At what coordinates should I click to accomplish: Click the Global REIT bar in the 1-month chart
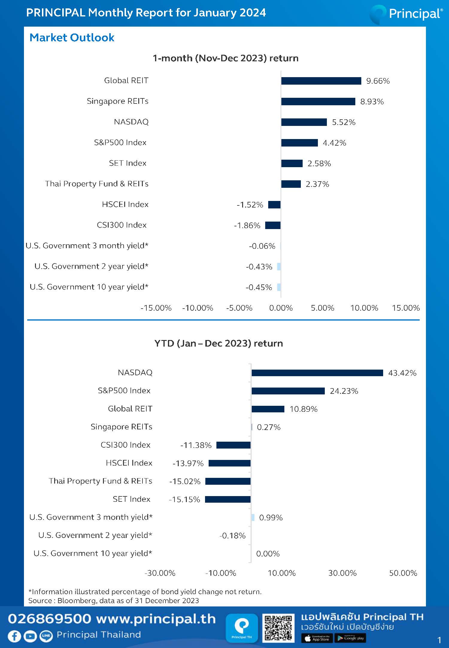[x=321, y=81]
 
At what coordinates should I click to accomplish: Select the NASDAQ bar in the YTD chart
[x=317, y=373]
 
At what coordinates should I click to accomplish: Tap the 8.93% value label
[x=372, y=102]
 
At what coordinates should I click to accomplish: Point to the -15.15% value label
[x=184, y=499]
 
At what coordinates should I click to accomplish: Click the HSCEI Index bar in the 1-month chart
[x=274, y=205]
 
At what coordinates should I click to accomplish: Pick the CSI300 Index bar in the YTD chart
[x=233, y=445]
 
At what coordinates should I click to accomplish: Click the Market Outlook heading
[x=72, y=38]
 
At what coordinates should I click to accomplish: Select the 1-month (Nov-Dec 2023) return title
[x=225, y=58]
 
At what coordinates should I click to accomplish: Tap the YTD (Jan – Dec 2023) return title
[x=219, y=343]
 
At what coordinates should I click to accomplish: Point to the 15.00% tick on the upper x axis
[x=406, y=308]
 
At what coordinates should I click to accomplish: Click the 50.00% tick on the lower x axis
[x=403, y=573]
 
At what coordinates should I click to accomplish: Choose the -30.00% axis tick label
[x=160, y=573]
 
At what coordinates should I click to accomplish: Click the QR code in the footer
[x=278, y=628]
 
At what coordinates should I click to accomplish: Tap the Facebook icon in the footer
[x=14, y=636]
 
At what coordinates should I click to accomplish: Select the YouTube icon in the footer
[x=30, y=636]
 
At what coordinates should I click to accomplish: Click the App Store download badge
[x=317, y=638]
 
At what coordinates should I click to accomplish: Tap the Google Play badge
[x=350, y=638]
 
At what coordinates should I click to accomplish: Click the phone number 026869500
[x=49, y=619]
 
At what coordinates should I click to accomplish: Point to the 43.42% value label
[x=402, y=373]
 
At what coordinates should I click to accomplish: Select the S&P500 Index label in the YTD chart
[x=124, y=391]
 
